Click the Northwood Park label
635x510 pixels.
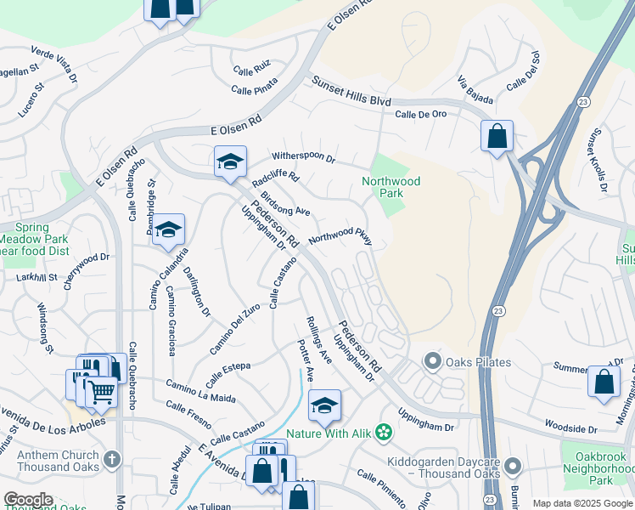[x=391, y=187]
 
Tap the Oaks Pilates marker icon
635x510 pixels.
[x=433, y=362]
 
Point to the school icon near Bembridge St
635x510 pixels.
[x=169, y=229]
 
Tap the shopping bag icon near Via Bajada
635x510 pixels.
[x=497, y=136]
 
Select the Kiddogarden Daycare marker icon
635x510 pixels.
[x=512, y=466]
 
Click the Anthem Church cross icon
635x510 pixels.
[x=111, y=460]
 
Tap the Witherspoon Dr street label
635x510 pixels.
[x=304, y=157]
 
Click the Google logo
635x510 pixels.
[x=28, y=500]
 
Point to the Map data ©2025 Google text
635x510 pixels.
[x=582, y=503]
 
